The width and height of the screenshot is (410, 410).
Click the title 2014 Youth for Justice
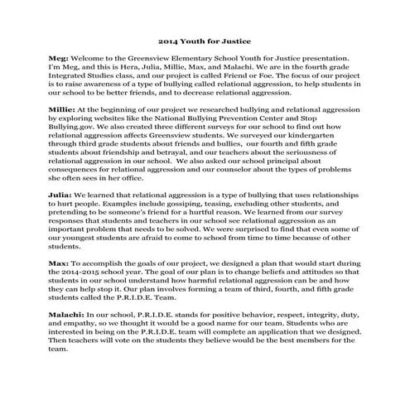click(205, 40)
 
